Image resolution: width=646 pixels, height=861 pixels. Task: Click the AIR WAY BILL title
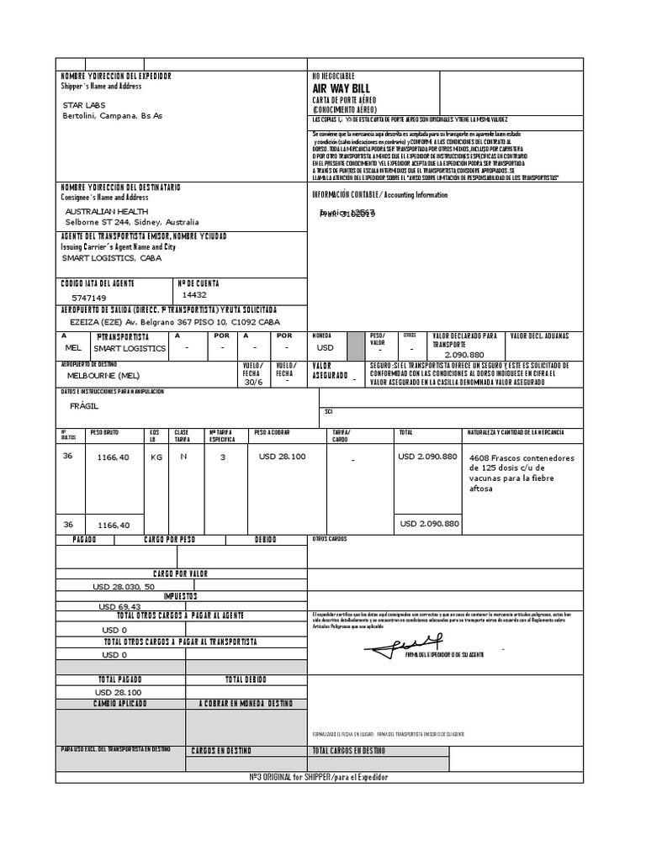click(341, 88)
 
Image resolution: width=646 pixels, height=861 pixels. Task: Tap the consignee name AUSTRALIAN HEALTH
click(107, 211)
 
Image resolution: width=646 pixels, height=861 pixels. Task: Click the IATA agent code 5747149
click(89, 298)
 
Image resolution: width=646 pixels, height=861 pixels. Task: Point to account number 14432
click(194, 295)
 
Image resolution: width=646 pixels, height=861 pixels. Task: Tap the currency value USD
click(326, 346)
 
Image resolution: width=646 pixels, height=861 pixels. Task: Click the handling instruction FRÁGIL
click(84, 406)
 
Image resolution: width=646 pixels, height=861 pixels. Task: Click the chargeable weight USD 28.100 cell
click(281, 457)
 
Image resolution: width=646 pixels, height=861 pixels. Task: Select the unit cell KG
click(156, 457)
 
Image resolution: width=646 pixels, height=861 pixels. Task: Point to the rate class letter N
click(183, 457)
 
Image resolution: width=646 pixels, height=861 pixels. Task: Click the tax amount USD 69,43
click(119, 606)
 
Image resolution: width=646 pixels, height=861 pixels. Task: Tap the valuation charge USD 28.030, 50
click(124, 586)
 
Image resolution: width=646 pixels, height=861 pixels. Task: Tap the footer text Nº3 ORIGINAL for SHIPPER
click(319, 777)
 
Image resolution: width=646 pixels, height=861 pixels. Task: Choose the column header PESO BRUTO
click(105, 432)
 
